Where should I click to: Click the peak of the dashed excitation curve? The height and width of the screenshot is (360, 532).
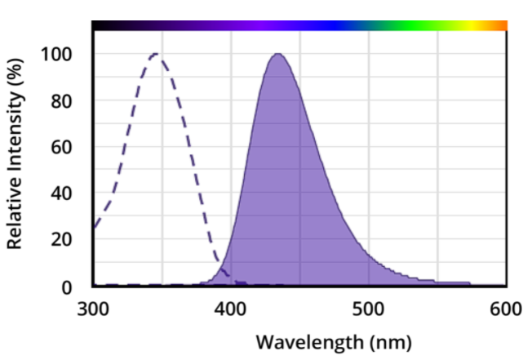(155, 55)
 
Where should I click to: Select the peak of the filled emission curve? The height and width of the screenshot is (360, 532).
(277, 55)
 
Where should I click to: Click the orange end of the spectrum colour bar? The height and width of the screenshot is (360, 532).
(499, 26)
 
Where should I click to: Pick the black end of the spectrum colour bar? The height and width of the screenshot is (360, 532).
(102, 26)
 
